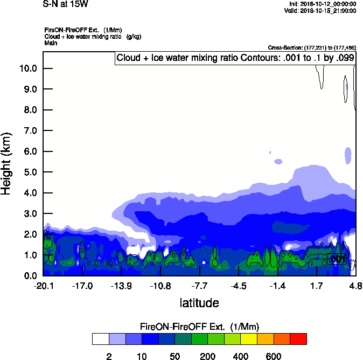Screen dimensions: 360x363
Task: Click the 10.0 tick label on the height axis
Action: (x=28, y=68)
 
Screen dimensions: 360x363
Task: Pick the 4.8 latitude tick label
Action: (x=355, y=286)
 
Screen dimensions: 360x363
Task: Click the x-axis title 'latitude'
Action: (x=199, y=303)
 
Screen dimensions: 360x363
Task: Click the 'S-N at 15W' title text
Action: (x=66, y=4)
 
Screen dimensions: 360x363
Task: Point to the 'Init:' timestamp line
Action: (x=323, y=4)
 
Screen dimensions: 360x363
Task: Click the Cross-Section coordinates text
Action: (x=312, y=47)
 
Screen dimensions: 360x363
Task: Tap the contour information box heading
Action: (x=235, y=58)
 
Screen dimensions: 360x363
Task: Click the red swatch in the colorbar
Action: (x=298, y=339)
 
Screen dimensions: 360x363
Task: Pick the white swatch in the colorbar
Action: (x=100, y=339)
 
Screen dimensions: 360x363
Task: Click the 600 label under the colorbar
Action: (x=274, y=356)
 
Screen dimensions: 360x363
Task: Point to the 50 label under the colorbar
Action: (x=174, y=356)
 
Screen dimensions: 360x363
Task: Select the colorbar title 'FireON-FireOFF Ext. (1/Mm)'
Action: (x=200, y=327)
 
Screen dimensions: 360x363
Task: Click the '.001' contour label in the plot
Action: (x=337, y=260)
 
